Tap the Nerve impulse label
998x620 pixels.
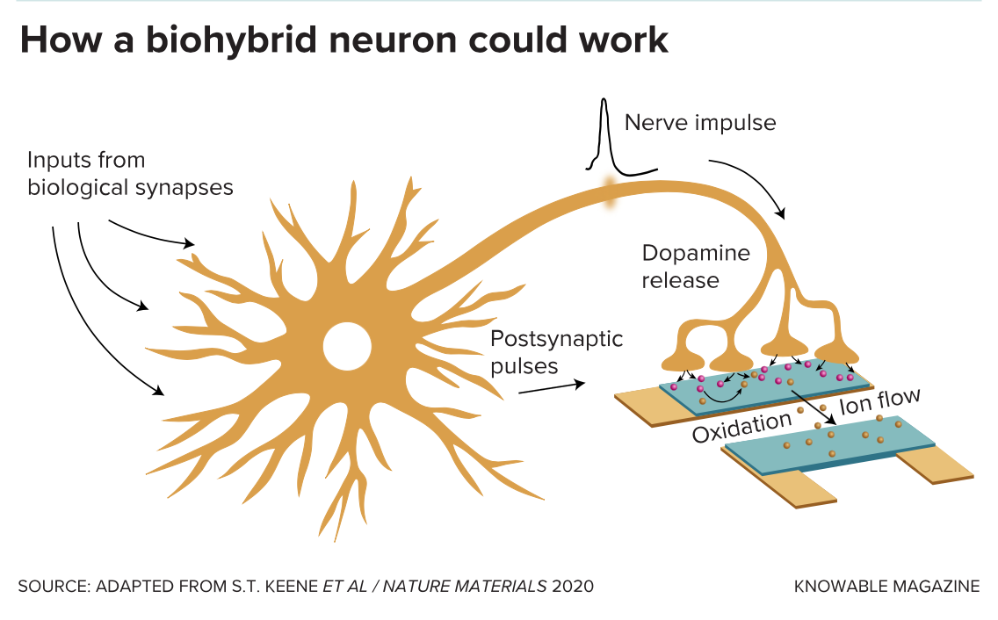coord(700,122)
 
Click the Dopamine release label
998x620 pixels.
coord(696,267)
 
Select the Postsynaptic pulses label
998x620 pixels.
coord(556,351)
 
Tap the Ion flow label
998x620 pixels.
coord(879,402)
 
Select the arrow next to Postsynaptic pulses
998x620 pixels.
coord(551,387)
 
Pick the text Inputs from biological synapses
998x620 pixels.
coord(130,174)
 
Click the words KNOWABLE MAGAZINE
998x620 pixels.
coord(886,586)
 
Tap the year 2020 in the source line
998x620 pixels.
coord(573,586)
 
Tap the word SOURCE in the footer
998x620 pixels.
coord(48,586)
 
